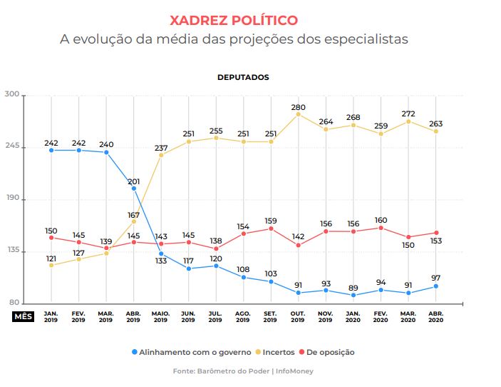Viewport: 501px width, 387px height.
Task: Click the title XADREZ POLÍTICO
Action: pos(234,20)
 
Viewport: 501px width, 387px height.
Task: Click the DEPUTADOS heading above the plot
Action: pos(243,77)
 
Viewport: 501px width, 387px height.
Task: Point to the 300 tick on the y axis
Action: pos(11,95)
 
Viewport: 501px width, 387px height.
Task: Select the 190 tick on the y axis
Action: pos(11,199)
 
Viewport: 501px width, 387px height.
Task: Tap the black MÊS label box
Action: pos(23,316)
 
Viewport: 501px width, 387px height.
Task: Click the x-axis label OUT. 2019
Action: pos(298,316)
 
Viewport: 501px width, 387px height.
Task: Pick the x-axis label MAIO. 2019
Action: pos(160,316)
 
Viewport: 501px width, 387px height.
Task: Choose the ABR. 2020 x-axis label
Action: pos(435,316)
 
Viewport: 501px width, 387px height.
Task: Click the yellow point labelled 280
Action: pos(298,114)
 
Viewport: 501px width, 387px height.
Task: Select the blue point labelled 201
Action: pos(133,189)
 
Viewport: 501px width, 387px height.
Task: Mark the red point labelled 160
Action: pos(381,228)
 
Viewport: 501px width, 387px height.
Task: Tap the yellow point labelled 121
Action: pos(51,265)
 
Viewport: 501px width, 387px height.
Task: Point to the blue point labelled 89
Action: pos(353,295)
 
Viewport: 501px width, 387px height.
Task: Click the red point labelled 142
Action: pos(298,245)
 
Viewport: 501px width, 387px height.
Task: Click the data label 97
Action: pos(435,277)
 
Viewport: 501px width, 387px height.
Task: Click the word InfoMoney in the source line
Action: pos(295,371)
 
